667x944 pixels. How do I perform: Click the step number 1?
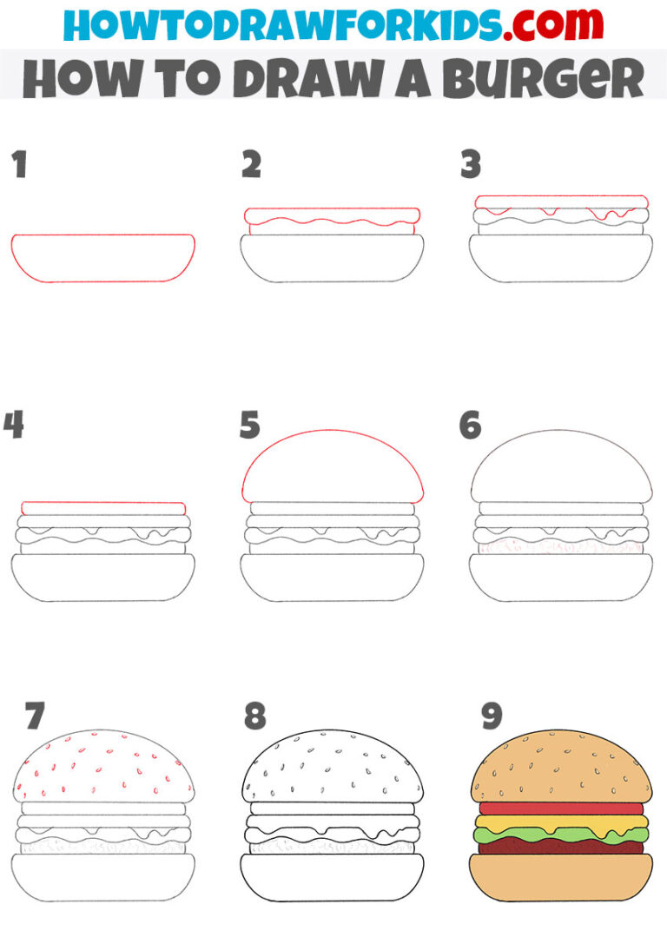[x=19, y=164]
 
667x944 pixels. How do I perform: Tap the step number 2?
[x=251, y=164]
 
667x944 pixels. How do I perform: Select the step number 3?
[x=471, y=164]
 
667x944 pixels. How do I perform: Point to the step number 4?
[x=13, y=426]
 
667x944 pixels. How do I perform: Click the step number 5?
[x=251, y=426]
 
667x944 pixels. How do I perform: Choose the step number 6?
[x=470, y=426]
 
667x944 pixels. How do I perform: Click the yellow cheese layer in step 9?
[x=561, y=822]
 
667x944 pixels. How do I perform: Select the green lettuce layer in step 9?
[x=561, y=835]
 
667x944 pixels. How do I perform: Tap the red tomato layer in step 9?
[x=561, y=809]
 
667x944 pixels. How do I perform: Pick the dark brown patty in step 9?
[x=561, y=848]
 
